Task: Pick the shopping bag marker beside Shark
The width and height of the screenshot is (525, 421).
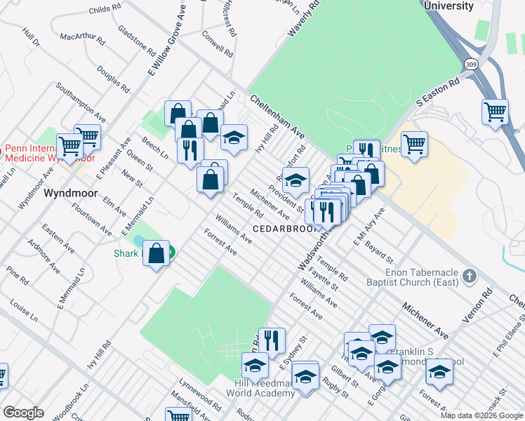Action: click(157, 253)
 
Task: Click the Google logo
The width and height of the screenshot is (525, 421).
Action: click(24, 413)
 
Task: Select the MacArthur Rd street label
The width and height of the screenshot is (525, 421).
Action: click(82, 36)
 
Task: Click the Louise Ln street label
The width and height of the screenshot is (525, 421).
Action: click(24, 312)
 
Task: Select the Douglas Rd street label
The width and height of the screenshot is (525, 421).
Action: click(113, 79)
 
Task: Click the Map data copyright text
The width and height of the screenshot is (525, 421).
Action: click(481, 415)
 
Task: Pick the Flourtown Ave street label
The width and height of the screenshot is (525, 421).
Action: click(95, 220)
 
